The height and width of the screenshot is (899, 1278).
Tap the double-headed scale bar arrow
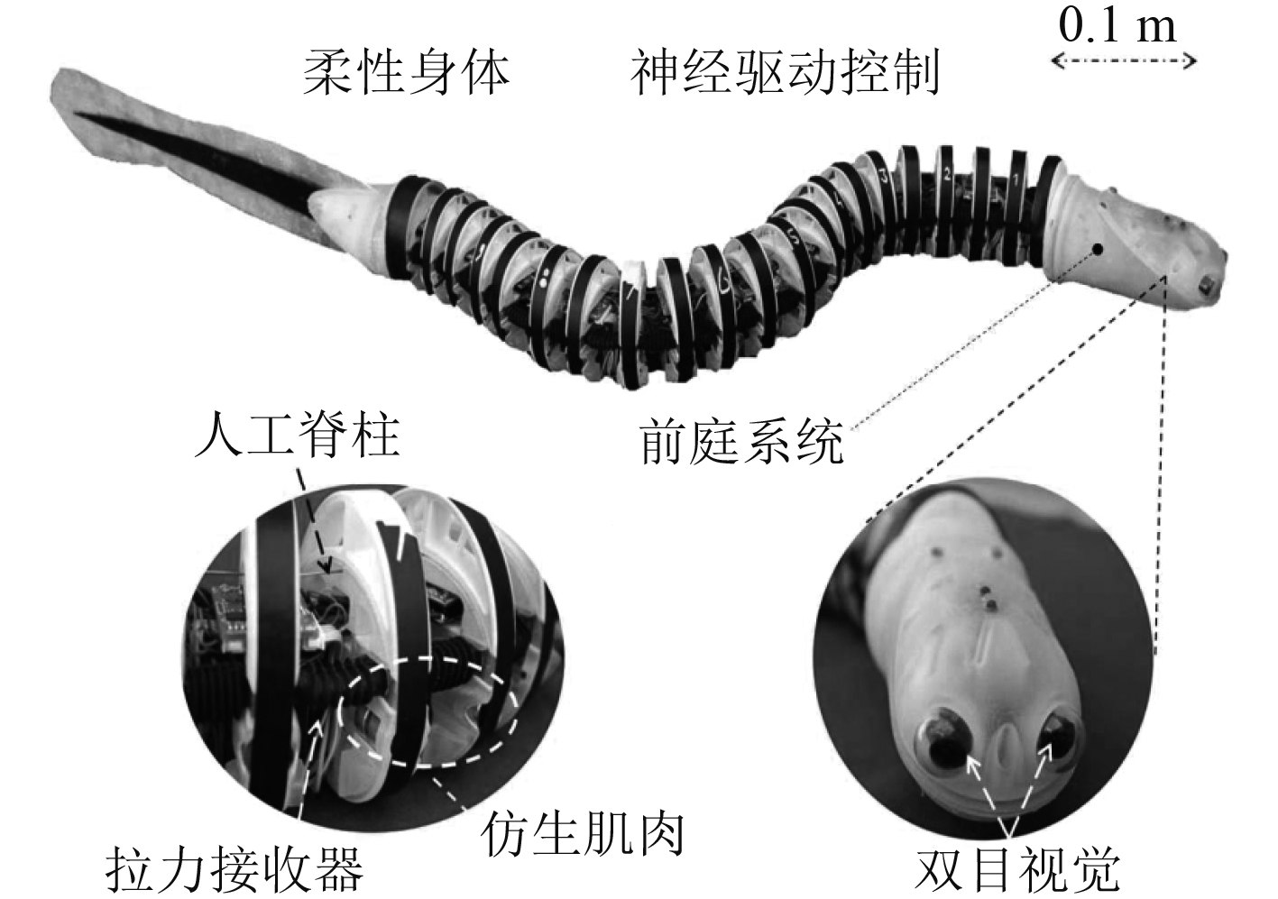point(1123,61)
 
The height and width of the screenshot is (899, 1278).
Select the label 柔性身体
point(406,72)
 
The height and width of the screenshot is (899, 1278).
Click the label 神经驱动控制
point(785,72)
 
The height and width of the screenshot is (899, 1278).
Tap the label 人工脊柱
point(297,436)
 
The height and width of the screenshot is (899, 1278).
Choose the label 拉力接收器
point(234,867)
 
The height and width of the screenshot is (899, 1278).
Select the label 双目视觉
point(1017,867)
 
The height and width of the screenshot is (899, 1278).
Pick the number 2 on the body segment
point(947,174)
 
